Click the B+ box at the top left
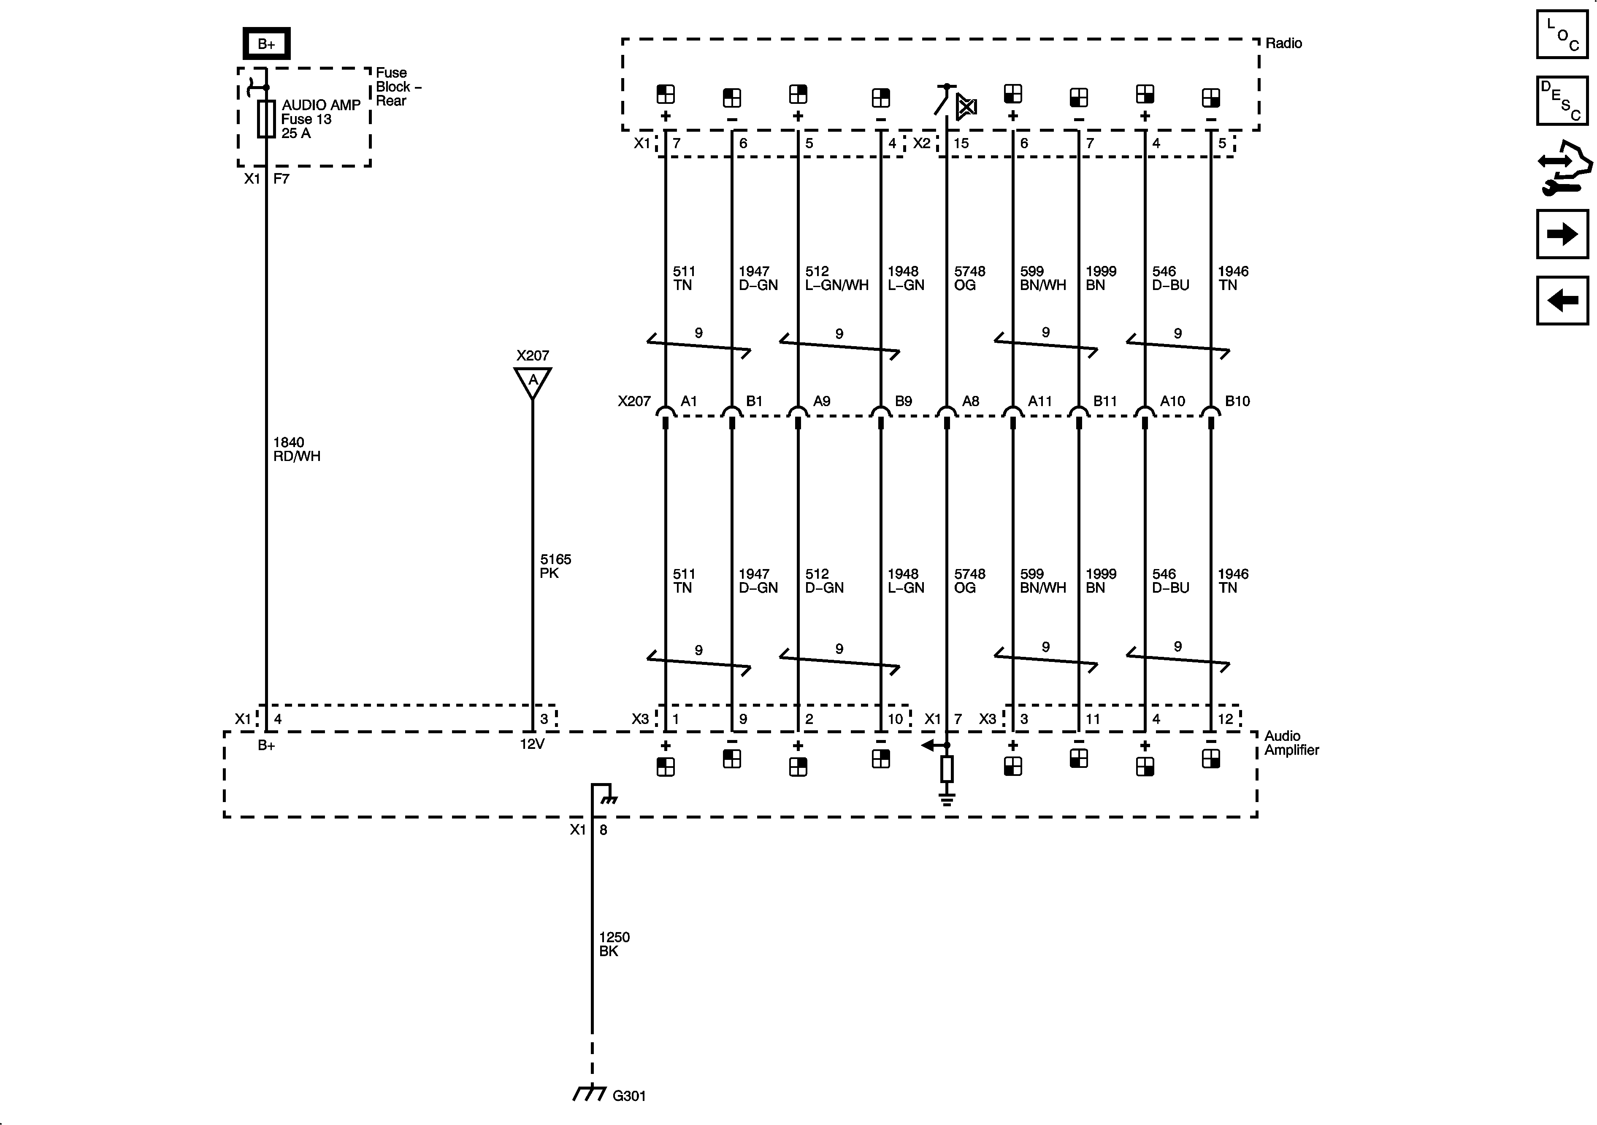pos(266,44)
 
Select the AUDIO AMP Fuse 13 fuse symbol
pos(266,119)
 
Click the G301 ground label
pos(629,1096)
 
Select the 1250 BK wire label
pos(614,944)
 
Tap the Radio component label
pos(1283,43)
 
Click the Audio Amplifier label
pos(1291,743)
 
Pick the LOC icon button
pos(1562,34)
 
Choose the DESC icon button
pos(1562,101)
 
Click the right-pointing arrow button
pos(1562,234)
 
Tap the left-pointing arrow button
pos(1562,301)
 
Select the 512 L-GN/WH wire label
pos(836,278)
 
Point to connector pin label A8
pos(970,401)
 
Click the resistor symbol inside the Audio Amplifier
pos(947,770)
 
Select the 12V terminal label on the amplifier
pos(532,744)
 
